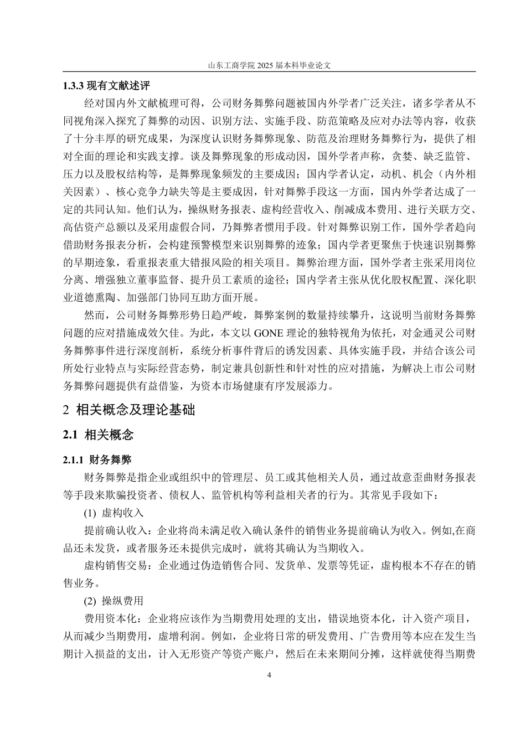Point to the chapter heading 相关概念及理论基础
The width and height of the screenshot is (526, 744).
(135, 410)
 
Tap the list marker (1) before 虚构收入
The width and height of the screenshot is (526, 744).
(90, 512)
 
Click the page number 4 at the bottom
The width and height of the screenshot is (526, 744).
(269, 675)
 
